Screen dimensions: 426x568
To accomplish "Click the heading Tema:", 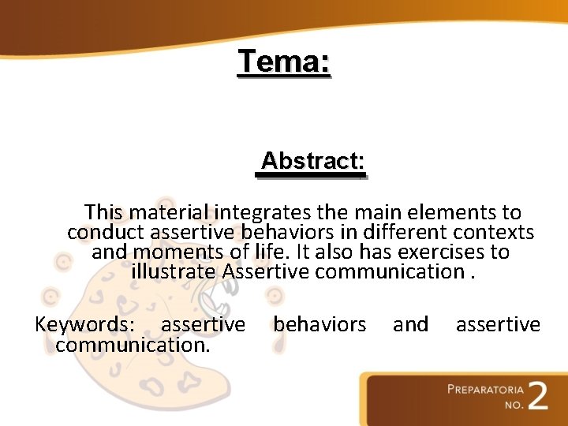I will tap(284, 62).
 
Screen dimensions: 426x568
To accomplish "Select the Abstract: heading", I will tap(312, 161).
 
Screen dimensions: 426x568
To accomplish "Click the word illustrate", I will tap(174, 272).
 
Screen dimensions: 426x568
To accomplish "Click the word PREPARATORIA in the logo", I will tap(484, 389).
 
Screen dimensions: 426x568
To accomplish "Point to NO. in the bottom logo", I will tap(514, 405).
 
